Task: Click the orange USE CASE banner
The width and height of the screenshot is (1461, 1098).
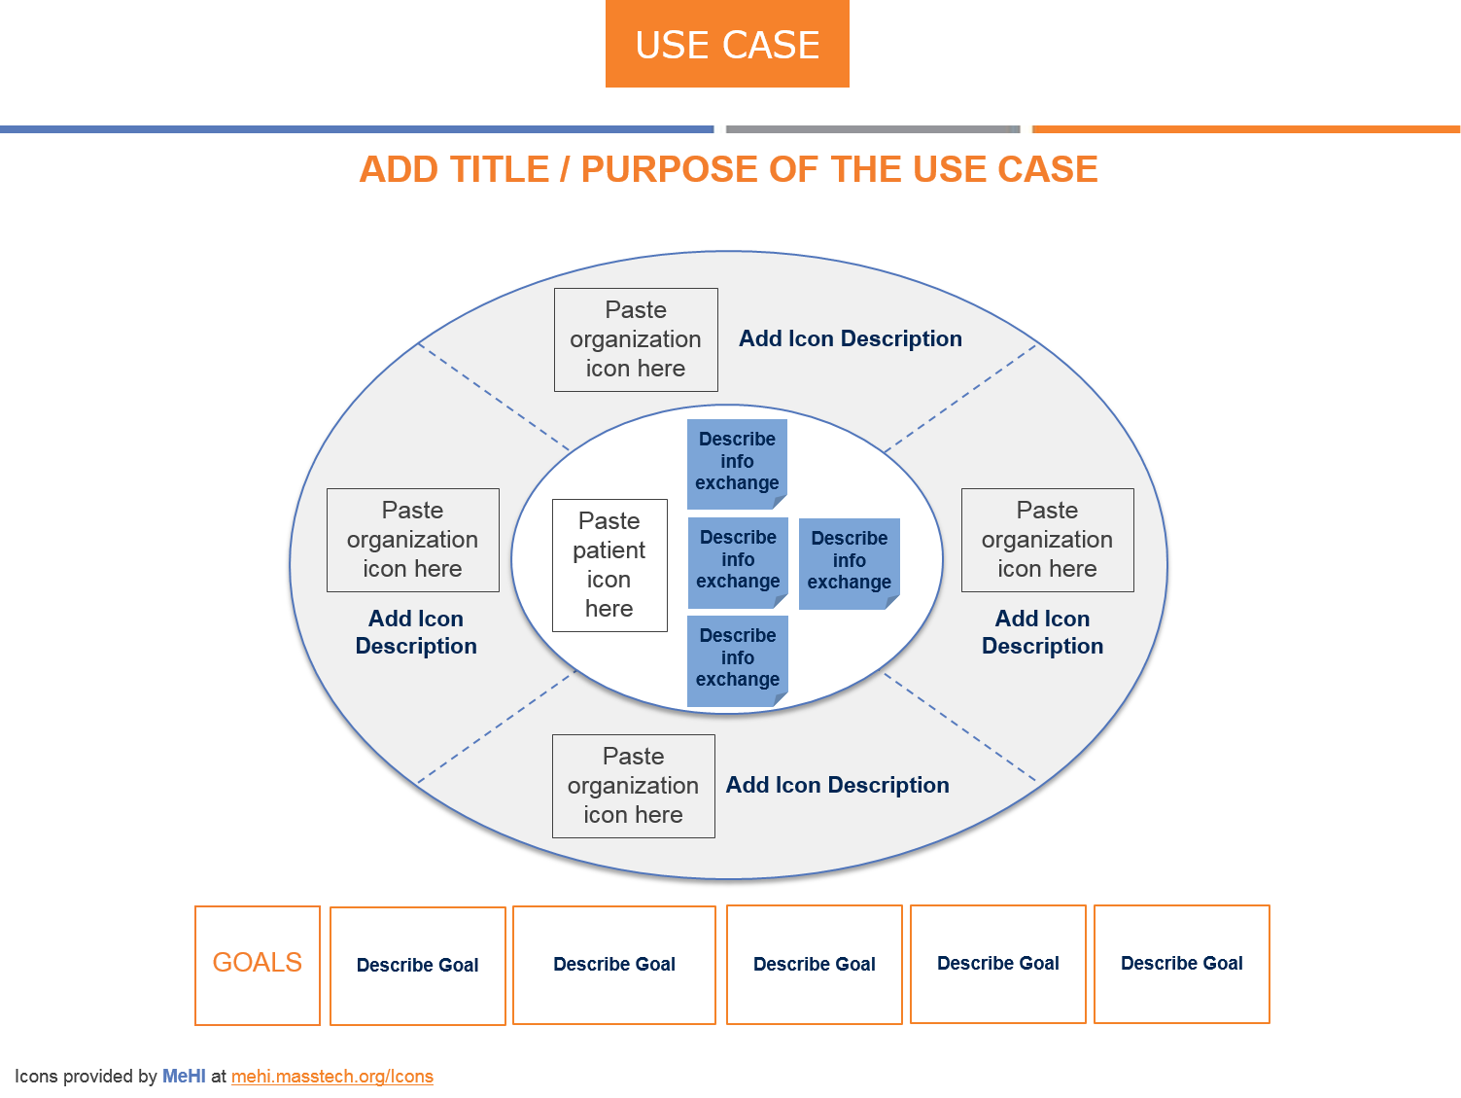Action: coord(727,45)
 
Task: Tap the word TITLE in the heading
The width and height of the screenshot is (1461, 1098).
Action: coord(494,170)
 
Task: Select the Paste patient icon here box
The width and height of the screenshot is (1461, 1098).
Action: coord(609,565)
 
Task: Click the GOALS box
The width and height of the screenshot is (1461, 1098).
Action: coord(258,965)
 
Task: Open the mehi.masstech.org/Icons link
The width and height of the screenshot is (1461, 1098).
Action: coord(332,1077)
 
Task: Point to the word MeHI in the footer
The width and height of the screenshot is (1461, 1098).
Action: coord(184,1077)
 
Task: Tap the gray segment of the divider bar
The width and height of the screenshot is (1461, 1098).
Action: coord(872,129)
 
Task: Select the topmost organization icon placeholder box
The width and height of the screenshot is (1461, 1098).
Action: coord(636,339)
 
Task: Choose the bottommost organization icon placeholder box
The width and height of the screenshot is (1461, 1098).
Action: coord(634,786)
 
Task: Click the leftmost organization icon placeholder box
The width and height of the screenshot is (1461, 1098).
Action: coord(413,540)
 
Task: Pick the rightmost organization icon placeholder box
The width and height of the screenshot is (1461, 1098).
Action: coord(1048,540)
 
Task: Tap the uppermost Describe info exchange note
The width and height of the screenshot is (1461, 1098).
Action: coord(737,463)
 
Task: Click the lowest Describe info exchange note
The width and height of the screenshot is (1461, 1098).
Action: coord(738,658)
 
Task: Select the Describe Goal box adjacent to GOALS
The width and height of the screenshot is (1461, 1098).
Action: coord(418,966)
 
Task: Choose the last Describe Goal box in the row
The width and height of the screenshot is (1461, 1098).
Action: coord(1182,964)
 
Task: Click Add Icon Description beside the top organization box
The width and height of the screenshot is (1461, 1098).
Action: coord(851,338)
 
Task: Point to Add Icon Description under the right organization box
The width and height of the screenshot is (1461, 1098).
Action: coord(1042,632)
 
